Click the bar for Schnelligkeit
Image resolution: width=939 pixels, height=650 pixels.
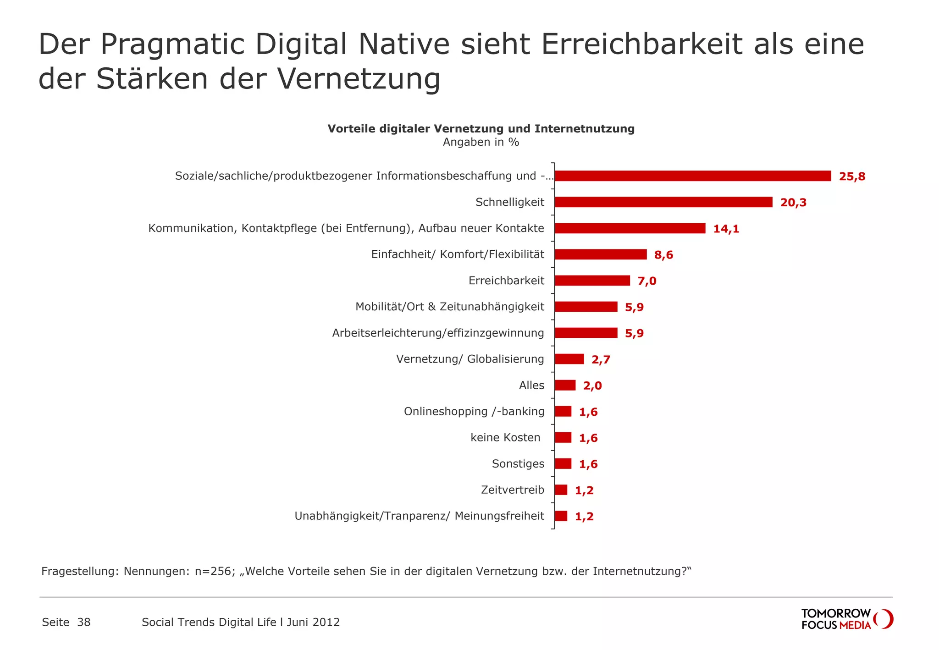pos(663,202)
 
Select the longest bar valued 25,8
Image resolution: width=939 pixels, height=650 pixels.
pos(692,176)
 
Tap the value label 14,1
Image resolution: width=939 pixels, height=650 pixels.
pos(726,229)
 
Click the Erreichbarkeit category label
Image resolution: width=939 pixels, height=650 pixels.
pos(506,281)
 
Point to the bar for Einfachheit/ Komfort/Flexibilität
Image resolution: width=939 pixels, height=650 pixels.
pos(600,254)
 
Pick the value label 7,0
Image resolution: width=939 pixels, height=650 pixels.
pos(646,281)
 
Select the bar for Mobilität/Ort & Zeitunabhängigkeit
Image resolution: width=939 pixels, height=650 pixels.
pos(585,307)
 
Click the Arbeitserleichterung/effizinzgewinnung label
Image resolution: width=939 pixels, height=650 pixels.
pos(438,333)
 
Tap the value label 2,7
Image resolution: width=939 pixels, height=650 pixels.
pos(601,359)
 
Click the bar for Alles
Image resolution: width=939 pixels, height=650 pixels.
pos(564,385)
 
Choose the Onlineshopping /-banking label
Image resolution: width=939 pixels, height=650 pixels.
pos(474,411)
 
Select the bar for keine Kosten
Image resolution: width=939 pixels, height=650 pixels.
pos(563,437)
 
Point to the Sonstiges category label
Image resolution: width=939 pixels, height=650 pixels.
pos(518,463)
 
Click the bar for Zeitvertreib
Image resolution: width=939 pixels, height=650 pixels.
pos(560,490)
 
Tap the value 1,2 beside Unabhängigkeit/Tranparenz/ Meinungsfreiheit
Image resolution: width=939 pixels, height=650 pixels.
pos(584,517)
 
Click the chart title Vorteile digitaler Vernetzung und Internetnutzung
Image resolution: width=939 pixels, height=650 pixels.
pos(481,129)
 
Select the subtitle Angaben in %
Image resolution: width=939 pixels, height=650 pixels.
pos(481,142)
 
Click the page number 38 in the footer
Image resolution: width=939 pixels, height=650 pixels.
pos(84,622)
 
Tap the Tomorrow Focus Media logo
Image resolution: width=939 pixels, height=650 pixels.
pos(846,619)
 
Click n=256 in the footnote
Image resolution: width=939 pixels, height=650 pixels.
pos(214,571)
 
